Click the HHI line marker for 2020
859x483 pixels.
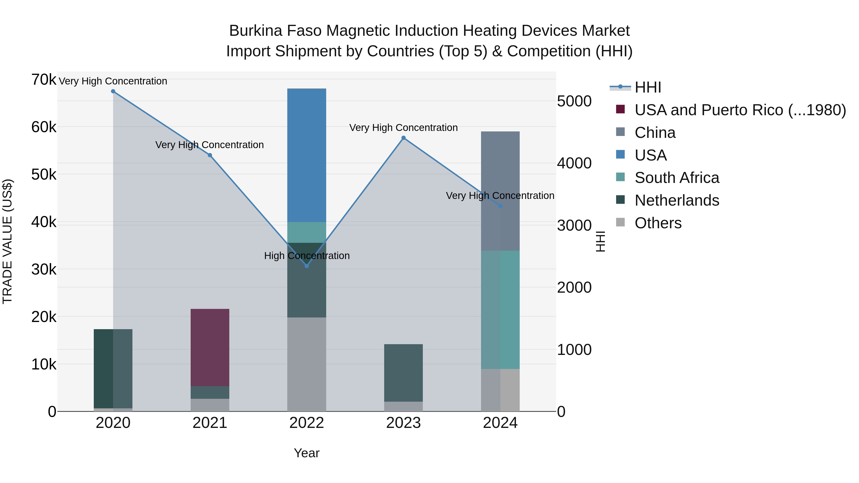113,91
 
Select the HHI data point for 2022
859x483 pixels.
307,266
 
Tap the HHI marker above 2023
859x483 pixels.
403,138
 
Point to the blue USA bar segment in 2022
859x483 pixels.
307,155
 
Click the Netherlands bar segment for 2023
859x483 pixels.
403,373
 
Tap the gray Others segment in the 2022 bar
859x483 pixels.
307,364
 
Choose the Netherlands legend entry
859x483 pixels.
677,200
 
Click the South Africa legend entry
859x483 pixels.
677,178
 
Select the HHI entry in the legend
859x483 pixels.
648,87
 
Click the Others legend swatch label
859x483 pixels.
658,223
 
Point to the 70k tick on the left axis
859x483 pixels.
44,80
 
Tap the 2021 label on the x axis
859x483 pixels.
210,423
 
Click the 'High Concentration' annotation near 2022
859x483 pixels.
307,256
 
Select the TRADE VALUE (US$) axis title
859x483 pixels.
7,241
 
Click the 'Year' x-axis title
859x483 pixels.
306,453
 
